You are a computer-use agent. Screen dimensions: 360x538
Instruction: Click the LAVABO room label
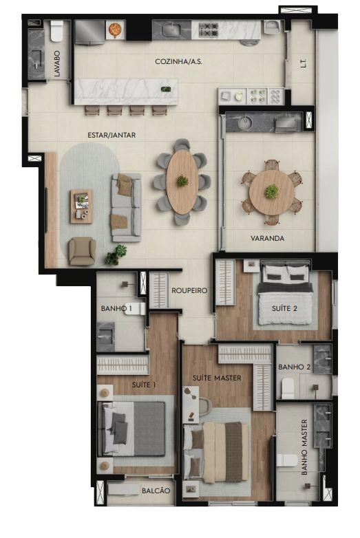(x=57, y=64)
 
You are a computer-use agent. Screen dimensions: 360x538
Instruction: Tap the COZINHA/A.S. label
(x=178, y=62)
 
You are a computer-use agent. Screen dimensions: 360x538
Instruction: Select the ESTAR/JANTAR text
(x=112, y=135)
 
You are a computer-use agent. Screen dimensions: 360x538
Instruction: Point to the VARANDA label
(x=267, y=238)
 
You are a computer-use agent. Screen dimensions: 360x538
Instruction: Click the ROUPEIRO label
(x=189, y=290)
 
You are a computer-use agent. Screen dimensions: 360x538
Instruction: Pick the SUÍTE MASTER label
(x=217, y=378)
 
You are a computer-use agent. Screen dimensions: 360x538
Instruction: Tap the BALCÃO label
(x=156, y=491)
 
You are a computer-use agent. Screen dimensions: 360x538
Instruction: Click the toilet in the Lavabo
(x=57, y=31)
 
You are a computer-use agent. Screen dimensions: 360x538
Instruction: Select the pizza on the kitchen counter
(x=114, y=29)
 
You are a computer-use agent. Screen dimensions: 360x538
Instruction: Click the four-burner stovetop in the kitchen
(x=209, y=30)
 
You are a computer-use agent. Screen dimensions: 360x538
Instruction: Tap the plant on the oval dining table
(x=182, y=180)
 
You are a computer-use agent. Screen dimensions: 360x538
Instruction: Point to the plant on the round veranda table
(x=271, y=191)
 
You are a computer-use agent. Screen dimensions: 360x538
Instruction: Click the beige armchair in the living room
(x=82, y=251)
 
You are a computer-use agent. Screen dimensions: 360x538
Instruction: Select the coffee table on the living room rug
(x=81, y=206)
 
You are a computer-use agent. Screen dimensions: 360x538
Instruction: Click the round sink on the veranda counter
(x=245, y=122)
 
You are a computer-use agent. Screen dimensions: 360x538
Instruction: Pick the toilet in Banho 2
(x=288, y=388)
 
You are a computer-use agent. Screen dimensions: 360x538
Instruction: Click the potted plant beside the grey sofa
(x=116, y=255)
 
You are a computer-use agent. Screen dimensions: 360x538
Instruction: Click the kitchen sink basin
(x=171, y=29)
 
